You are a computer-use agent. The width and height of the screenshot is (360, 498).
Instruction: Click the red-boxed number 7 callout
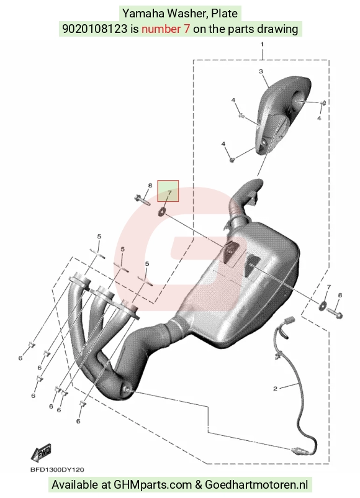tap(169, 192)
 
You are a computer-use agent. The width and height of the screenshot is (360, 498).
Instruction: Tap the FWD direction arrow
tap(41, 453)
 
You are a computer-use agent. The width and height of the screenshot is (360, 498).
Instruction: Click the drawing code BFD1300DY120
tap(57, 469)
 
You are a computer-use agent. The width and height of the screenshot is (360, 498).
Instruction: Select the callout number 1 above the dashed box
tap(262, 45)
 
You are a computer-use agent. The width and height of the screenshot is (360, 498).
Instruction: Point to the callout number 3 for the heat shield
tap(261, 71)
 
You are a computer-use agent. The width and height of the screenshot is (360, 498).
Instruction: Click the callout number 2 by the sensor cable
tap(275, 389)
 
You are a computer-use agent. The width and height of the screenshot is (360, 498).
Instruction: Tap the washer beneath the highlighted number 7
tap(162, 211)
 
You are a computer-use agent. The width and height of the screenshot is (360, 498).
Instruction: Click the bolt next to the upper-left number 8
tap(142, 200)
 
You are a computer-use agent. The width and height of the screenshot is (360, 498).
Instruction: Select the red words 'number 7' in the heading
tap(166, 29)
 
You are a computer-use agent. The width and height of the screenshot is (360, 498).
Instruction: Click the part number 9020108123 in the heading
tap(95, 29)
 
